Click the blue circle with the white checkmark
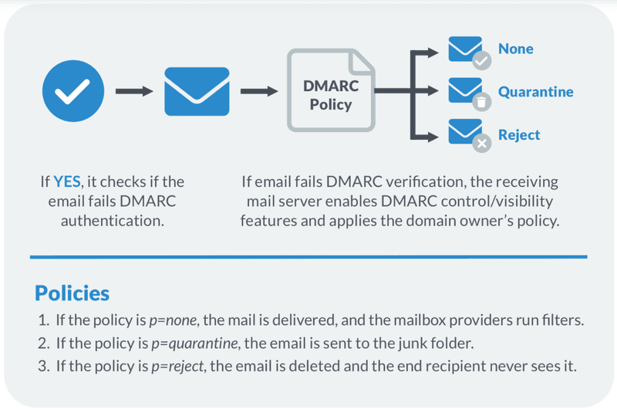pyautogui.click(x=73, y=91)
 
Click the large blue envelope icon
pyautogui.click(x=197, y=91)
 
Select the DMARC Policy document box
pyautogui.click(x=331, y=90)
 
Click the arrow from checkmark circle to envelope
pyautogui.click(x=134, y=91)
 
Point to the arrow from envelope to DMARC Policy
pyautogui.click(x=259, y=91)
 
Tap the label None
pyautogui.click(x=516, y=49)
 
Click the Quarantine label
pyautogui.click(x=535, y=92)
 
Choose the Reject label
pyautogui.click(x=519, y=135)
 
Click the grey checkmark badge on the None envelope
pyautogui.click(x=481, y=61)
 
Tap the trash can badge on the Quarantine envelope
pyautogui.click(x=481, y=103)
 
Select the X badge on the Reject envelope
pyautogui.click(x=481, y=144)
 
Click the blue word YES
pyautogui.click(x=67, y=182)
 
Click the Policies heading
pyautogui.click(x=72, y=293)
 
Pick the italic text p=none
pyautogui.click(x=173, y=320)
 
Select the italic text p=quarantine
pyautogui.click(x=195, y=344)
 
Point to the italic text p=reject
pyautogui.click(x=177, y=367)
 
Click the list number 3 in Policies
pyautogui.click(x=43, y=366)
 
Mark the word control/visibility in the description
pyautogui.click(x=497, y=201)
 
